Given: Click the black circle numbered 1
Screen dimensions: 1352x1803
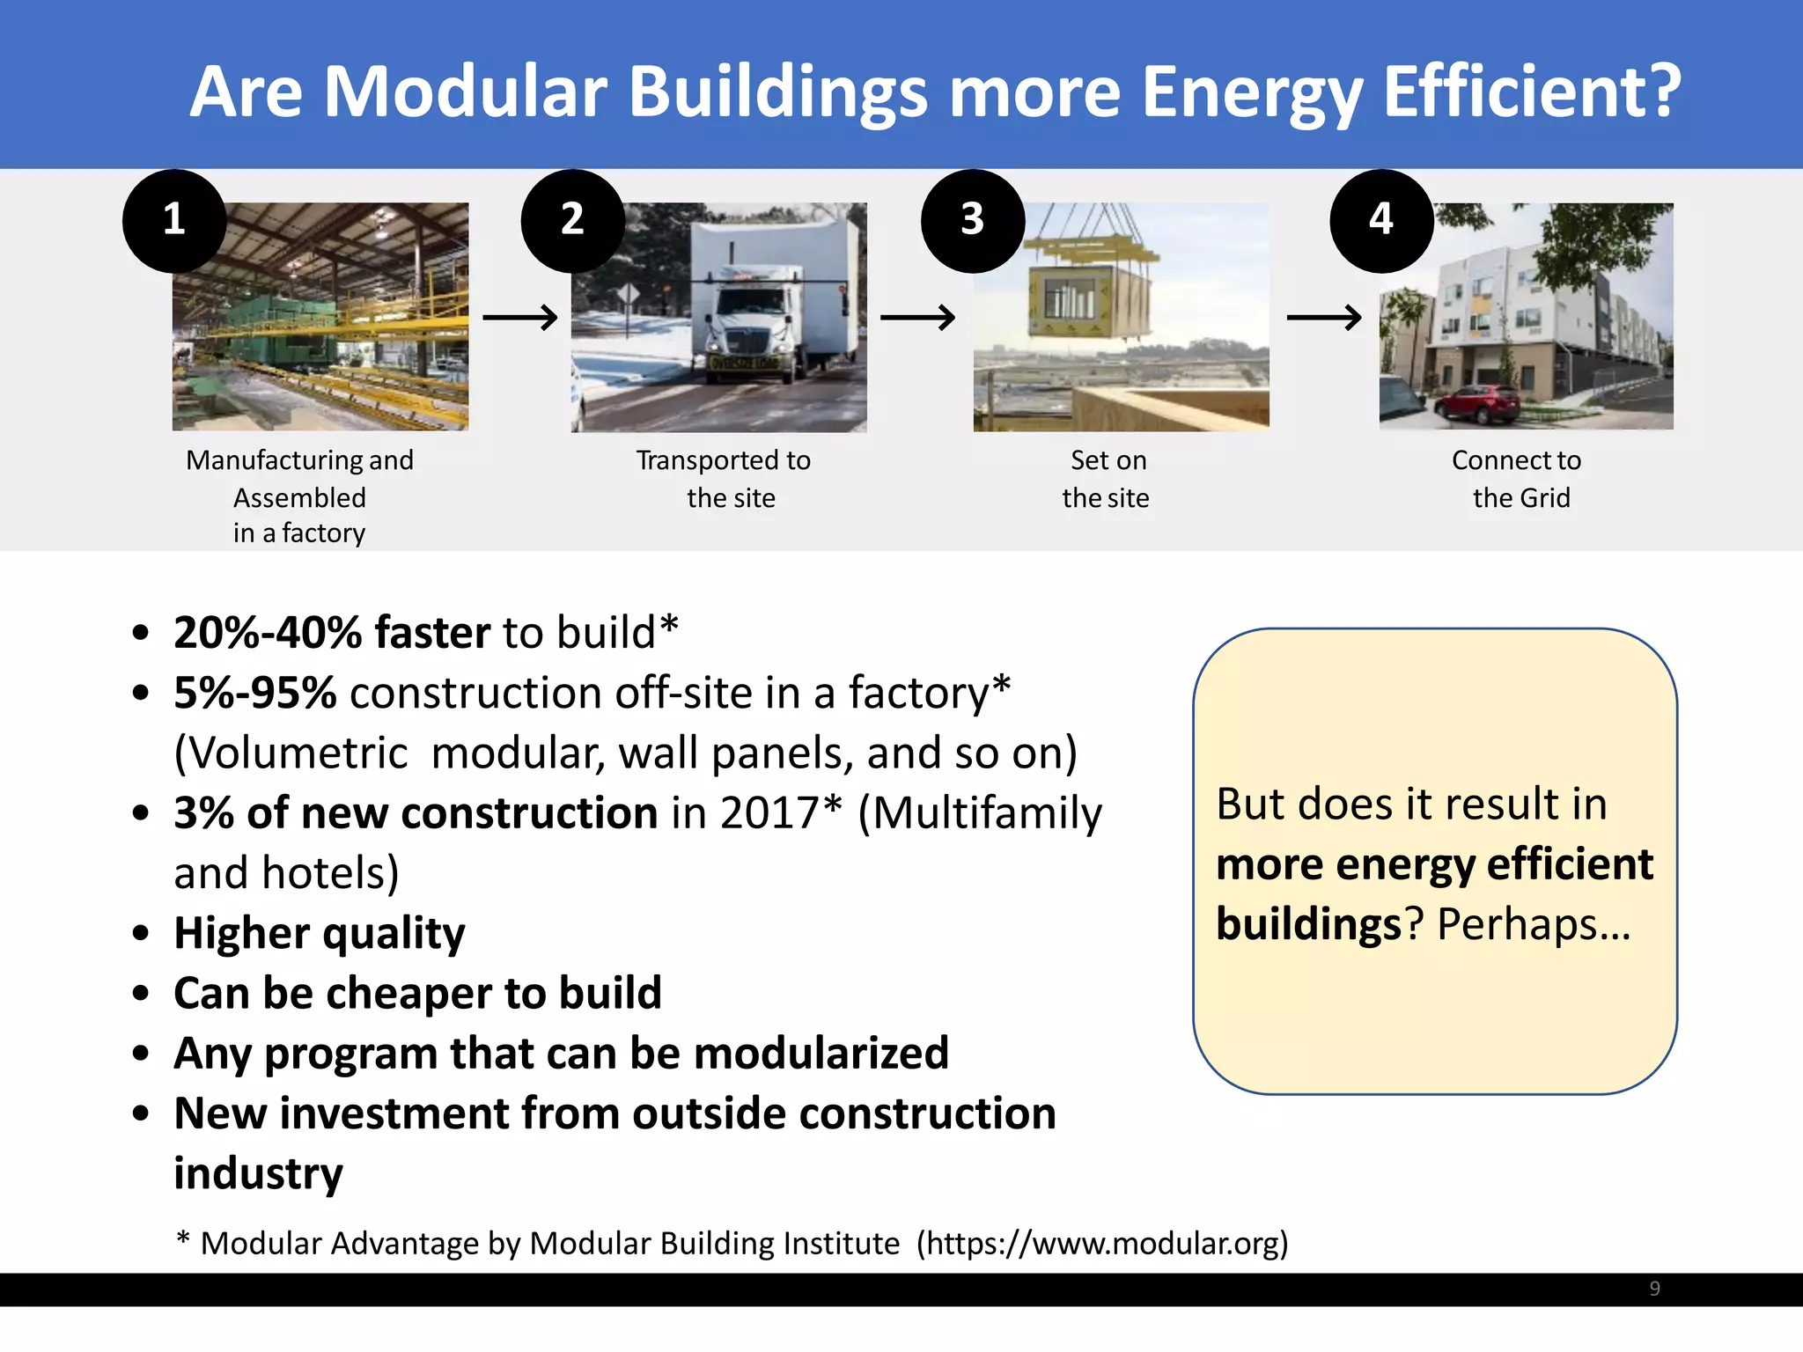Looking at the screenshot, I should (x=174, y=220).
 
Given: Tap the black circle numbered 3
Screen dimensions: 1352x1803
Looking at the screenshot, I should (x=972, y=220).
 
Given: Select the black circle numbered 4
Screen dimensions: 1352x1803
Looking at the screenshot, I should (x=1380, y=220).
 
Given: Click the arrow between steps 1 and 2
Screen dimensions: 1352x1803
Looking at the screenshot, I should (x=519, y=317).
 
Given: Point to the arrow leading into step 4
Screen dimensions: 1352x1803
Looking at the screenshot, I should (x=1323, y=317).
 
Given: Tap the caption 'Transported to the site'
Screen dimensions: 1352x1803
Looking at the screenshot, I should (x=724, y=479).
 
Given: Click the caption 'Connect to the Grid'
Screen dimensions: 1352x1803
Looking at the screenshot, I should (x=1518, y=479).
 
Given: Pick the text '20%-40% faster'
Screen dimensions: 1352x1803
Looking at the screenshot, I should (x=332, y=632).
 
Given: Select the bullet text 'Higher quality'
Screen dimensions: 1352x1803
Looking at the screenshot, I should (x=319, y=933).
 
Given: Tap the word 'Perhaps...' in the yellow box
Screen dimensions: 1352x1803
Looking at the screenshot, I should (x=1533, y=924).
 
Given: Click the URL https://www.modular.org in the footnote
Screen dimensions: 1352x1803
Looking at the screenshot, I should (x=1100, y=1243).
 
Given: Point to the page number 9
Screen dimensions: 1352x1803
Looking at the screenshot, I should (x=1654, y=1289).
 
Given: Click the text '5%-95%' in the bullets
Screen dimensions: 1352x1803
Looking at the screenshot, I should (x=255, y=693).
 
